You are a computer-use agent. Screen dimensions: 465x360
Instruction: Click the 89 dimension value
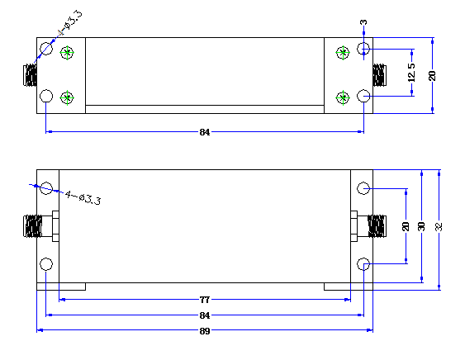pos(205,331)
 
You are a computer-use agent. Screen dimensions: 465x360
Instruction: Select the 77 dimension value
pos(205,300)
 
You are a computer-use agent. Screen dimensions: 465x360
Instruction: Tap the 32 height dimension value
pos(439,226)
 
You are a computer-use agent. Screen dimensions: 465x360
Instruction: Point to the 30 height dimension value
pos(421,226)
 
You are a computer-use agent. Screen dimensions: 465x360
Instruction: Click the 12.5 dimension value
pos(411,73)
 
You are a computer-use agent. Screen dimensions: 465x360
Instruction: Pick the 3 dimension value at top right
pos(363,22)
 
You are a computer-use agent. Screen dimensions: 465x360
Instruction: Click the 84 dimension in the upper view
pos(205,132)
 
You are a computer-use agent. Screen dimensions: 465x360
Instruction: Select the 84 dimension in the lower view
pos(205,315)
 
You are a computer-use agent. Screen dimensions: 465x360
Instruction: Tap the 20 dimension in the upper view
pos(432,76)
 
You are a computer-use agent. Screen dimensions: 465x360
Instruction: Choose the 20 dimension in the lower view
pos(406,226)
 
